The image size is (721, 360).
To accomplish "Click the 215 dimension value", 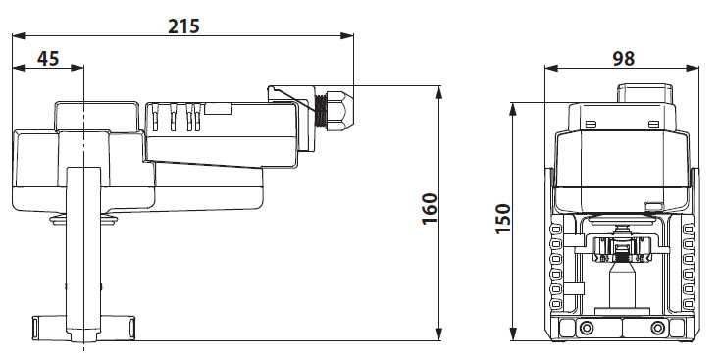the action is [x=184, y=26].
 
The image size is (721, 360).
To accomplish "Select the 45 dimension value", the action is [x=48, y=59].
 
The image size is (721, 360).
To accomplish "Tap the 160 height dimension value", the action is [x=430, y=209].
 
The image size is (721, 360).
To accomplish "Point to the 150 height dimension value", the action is [x=503, y=219].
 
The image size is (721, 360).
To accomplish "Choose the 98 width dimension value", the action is [x=624, y=59].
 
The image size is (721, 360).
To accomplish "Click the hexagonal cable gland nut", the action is [x=339, y=111].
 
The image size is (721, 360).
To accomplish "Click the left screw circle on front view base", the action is [x=586, y=328].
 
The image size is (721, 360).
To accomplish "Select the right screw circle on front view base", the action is [x=658, y=328].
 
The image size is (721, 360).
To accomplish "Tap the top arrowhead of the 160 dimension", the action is [x=438, y=92].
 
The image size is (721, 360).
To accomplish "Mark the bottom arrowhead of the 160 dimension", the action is [x=438, y=334].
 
